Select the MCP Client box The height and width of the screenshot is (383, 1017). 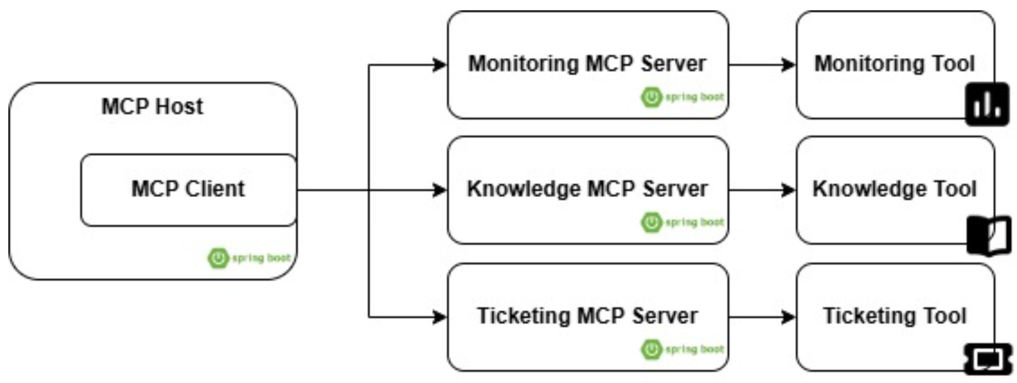coord(188,189)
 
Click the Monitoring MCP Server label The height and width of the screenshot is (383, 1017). coord(587,64)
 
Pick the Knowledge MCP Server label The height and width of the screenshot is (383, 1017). coord(587,189)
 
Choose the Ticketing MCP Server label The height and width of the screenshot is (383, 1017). coord(587,316)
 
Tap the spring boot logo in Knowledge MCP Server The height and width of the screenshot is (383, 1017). coord(682,222)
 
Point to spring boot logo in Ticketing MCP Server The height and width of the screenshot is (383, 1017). coord(682,349)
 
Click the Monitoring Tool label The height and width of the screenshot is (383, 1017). coord(895,64)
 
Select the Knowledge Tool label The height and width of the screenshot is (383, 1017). coord(895,189)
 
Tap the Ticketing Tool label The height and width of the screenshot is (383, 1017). coord(895,316)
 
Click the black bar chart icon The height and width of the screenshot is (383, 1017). coord(987,105)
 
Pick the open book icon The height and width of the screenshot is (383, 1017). coord(989,236)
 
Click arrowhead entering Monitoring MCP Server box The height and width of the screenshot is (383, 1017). coord(439,65)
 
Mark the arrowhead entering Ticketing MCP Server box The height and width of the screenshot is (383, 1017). coord(439,317)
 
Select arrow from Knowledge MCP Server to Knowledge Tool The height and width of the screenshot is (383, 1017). coord(762,190)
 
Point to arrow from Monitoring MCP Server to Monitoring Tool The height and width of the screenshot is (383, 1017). coord(762,65)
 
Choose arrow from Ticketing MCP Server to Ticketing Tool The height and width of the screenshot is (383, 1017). coord(762,317)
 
